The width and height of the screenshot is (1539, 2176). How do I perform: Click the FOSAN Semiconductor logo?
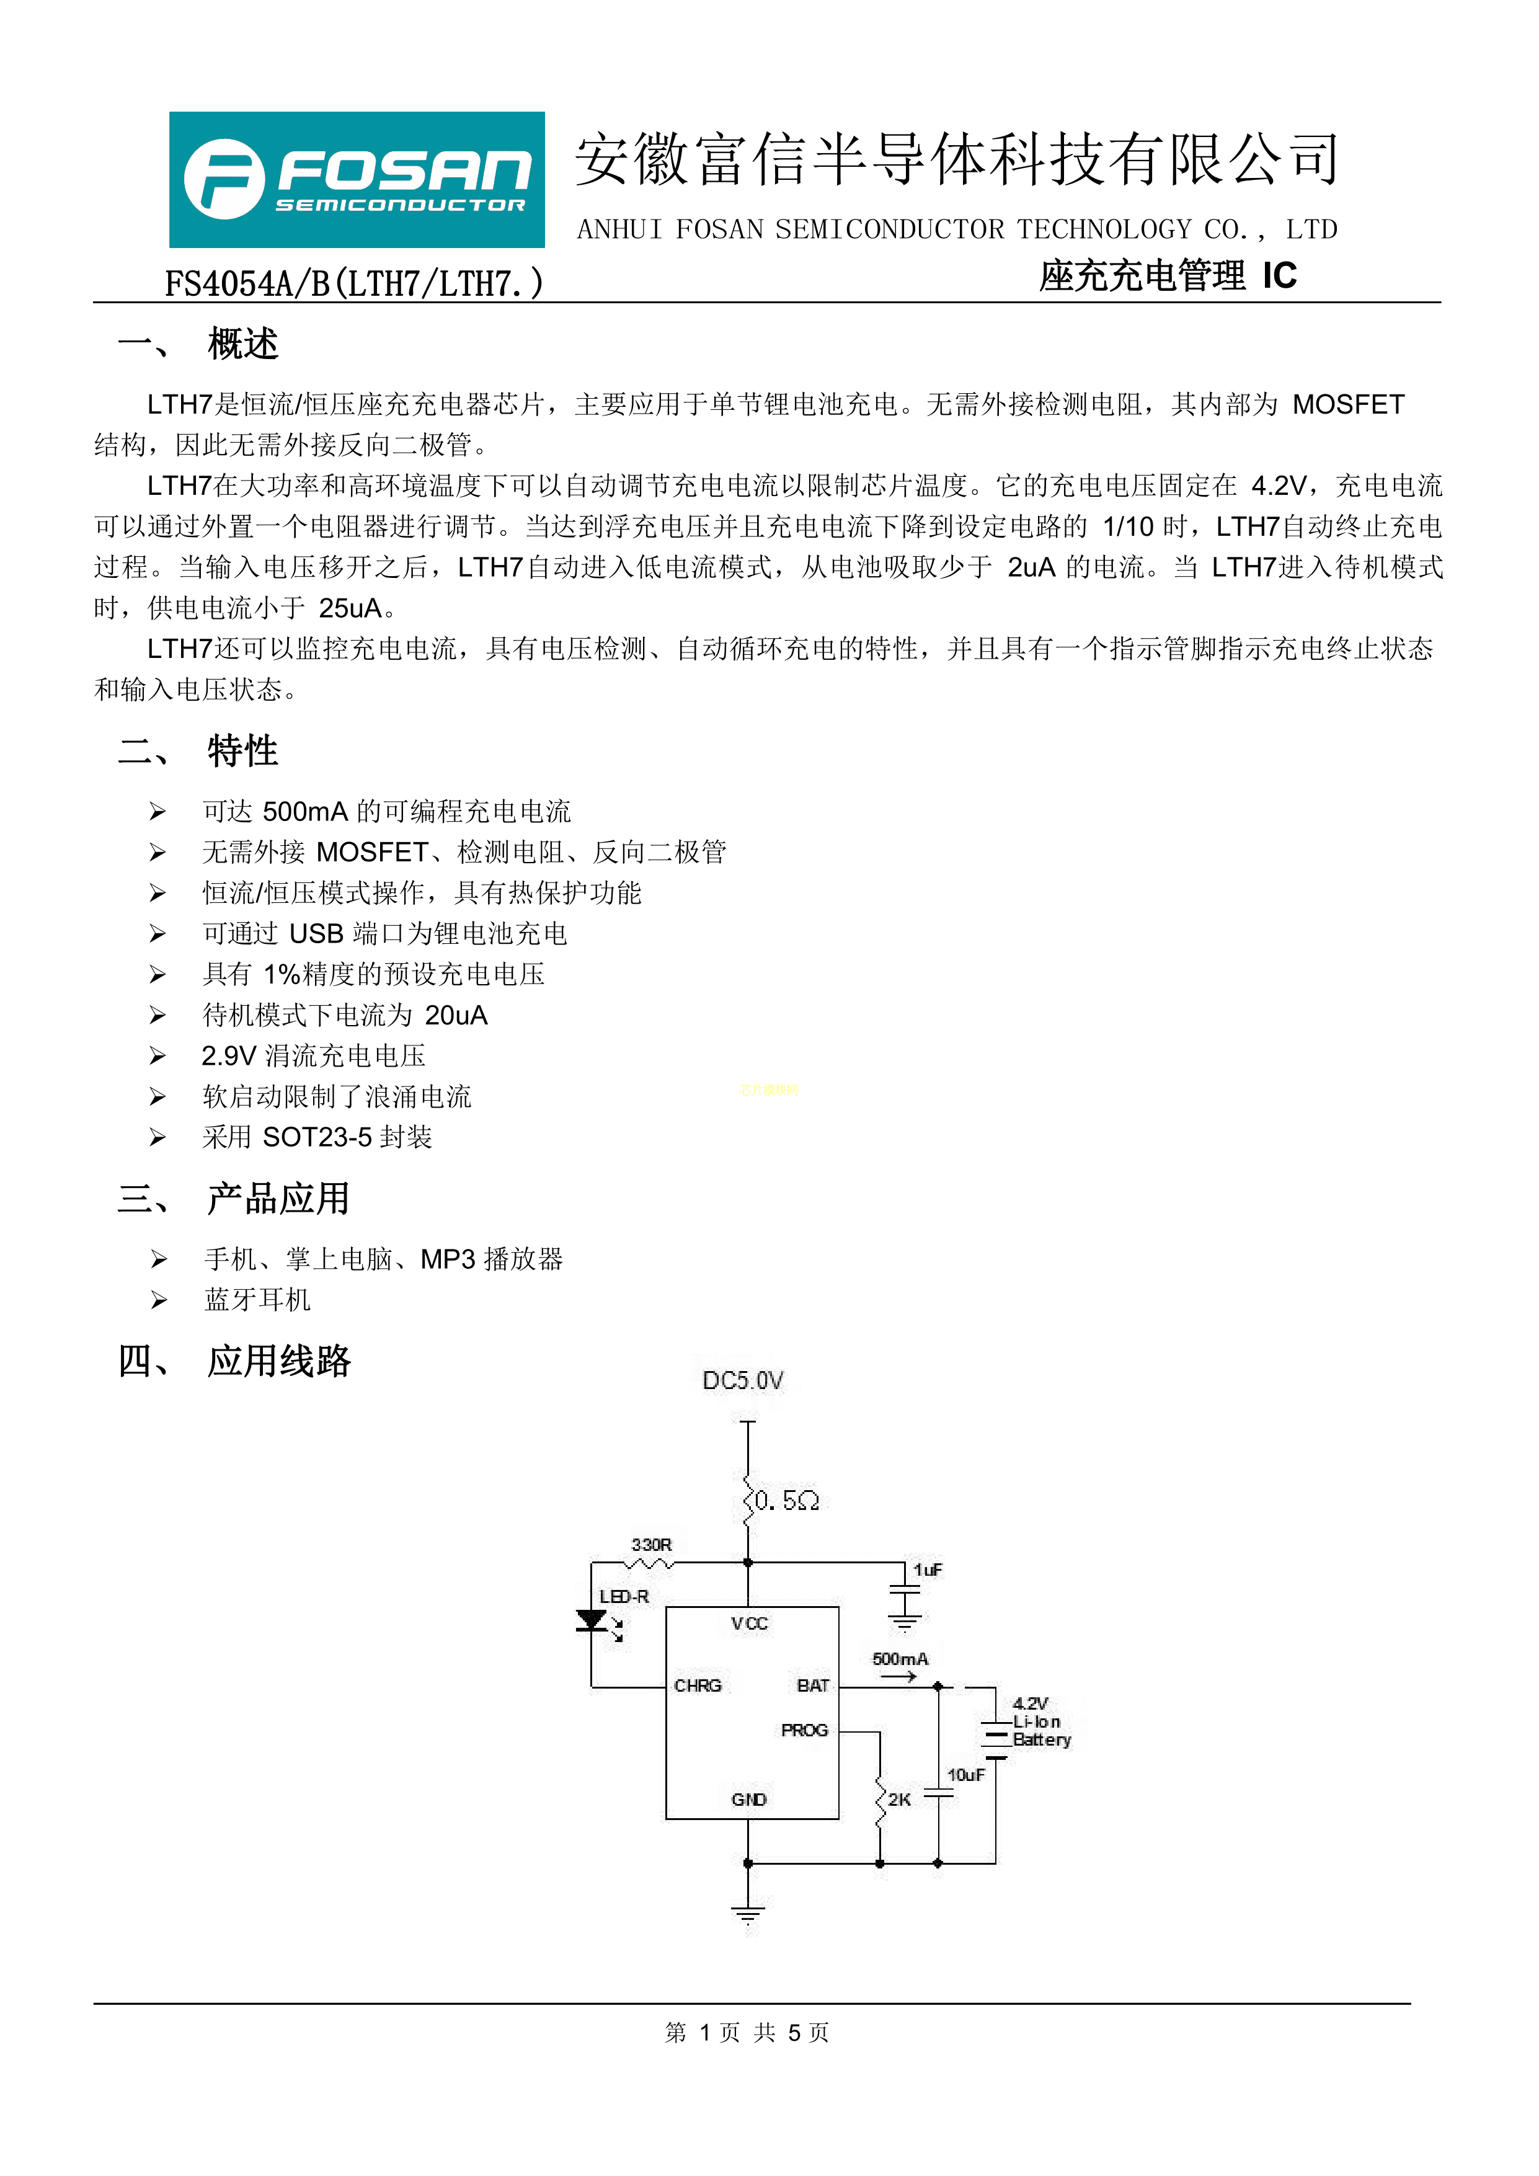[357, 179]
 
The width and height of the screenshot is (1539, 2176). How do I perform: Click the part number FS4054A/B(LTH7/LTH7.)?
[355, 283]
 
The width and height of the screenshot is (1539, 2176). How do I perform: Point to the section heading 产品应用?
[278, 1198]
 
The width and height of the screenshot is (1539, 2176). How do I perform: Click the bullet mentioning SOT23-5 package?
[317, 1137]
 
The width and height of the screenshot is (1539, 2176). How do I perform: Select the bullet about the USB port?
[384, 933]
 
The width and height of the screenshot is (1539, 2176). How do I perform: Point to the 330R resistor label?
[651, 1545]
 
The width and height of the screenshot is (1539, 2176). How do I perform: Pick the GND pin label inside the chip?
[748, 1799]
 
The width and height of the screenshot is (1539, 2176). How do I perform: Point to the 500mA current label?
[900, 1659]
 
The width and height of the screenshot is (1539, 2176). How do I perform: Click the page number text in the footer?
[747, 2032]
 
